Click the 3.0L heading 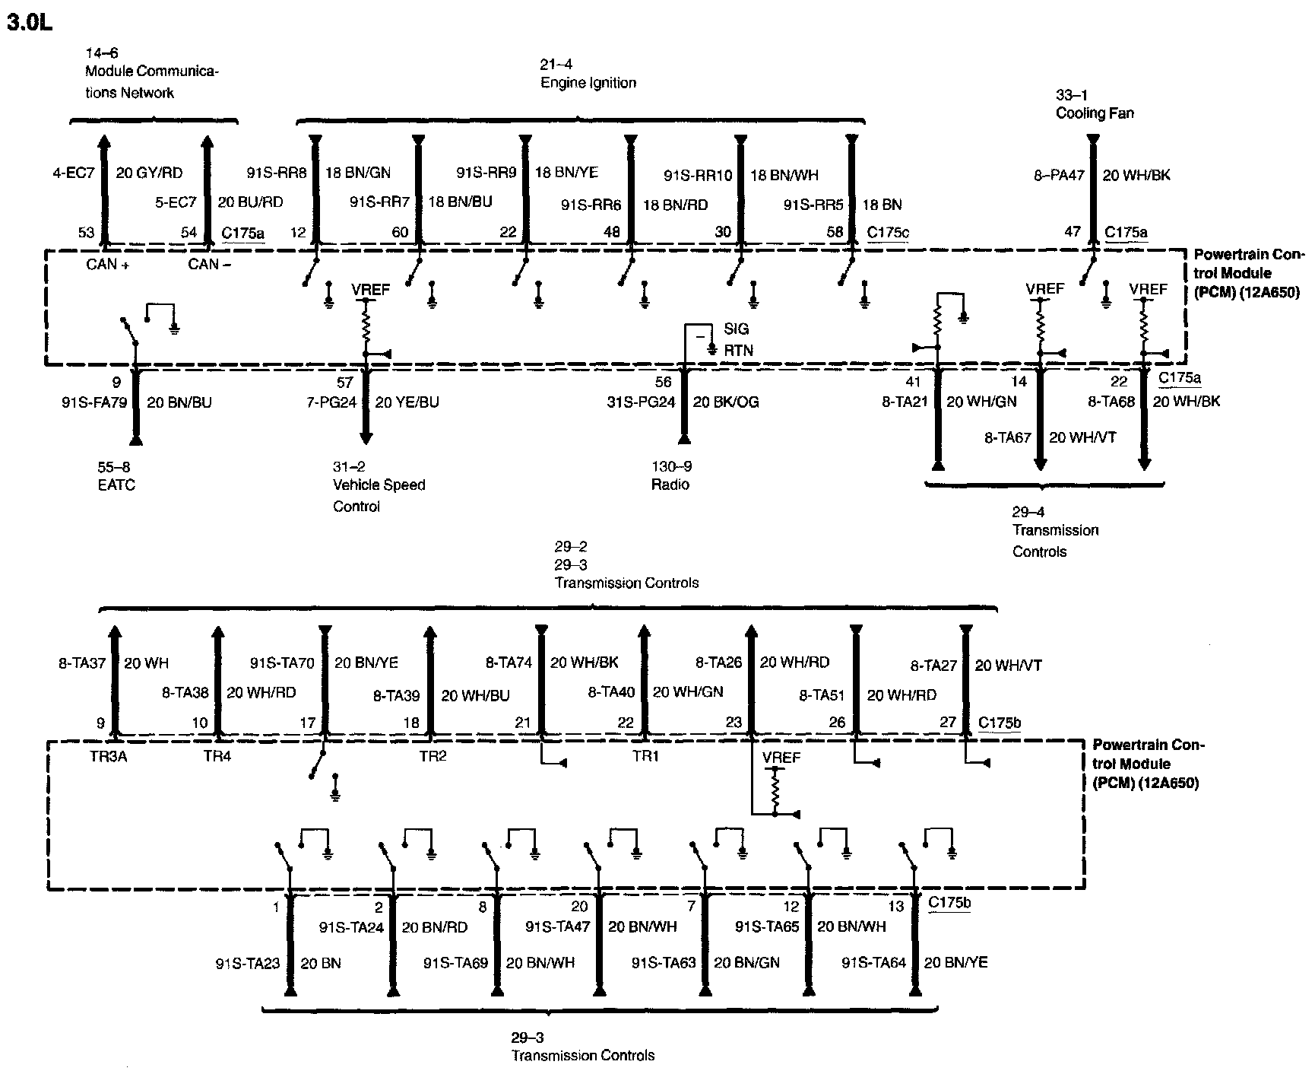coord(29,22)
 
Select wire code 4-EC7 coord(73,173)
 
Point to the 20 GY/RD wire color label coord(149,173)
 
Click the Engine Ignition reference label coord(588,83)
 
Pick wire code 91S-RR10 coord(698,176)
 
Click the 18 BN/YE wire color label coord(567,173)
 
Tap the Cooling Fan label coord(1095,113)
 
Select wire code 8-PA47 coord(1058,175)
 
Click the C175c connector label coord(887,232)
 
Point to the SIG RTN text coord(736,339)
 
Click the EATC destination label coord(116,485)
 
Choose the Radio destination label coord(670,485)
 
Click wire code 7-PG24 coord(331,402)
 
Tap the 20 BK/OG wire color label coord(725,402)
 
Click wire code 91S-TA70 coord(282,663)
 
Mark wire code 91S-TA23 coord(247,964)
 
